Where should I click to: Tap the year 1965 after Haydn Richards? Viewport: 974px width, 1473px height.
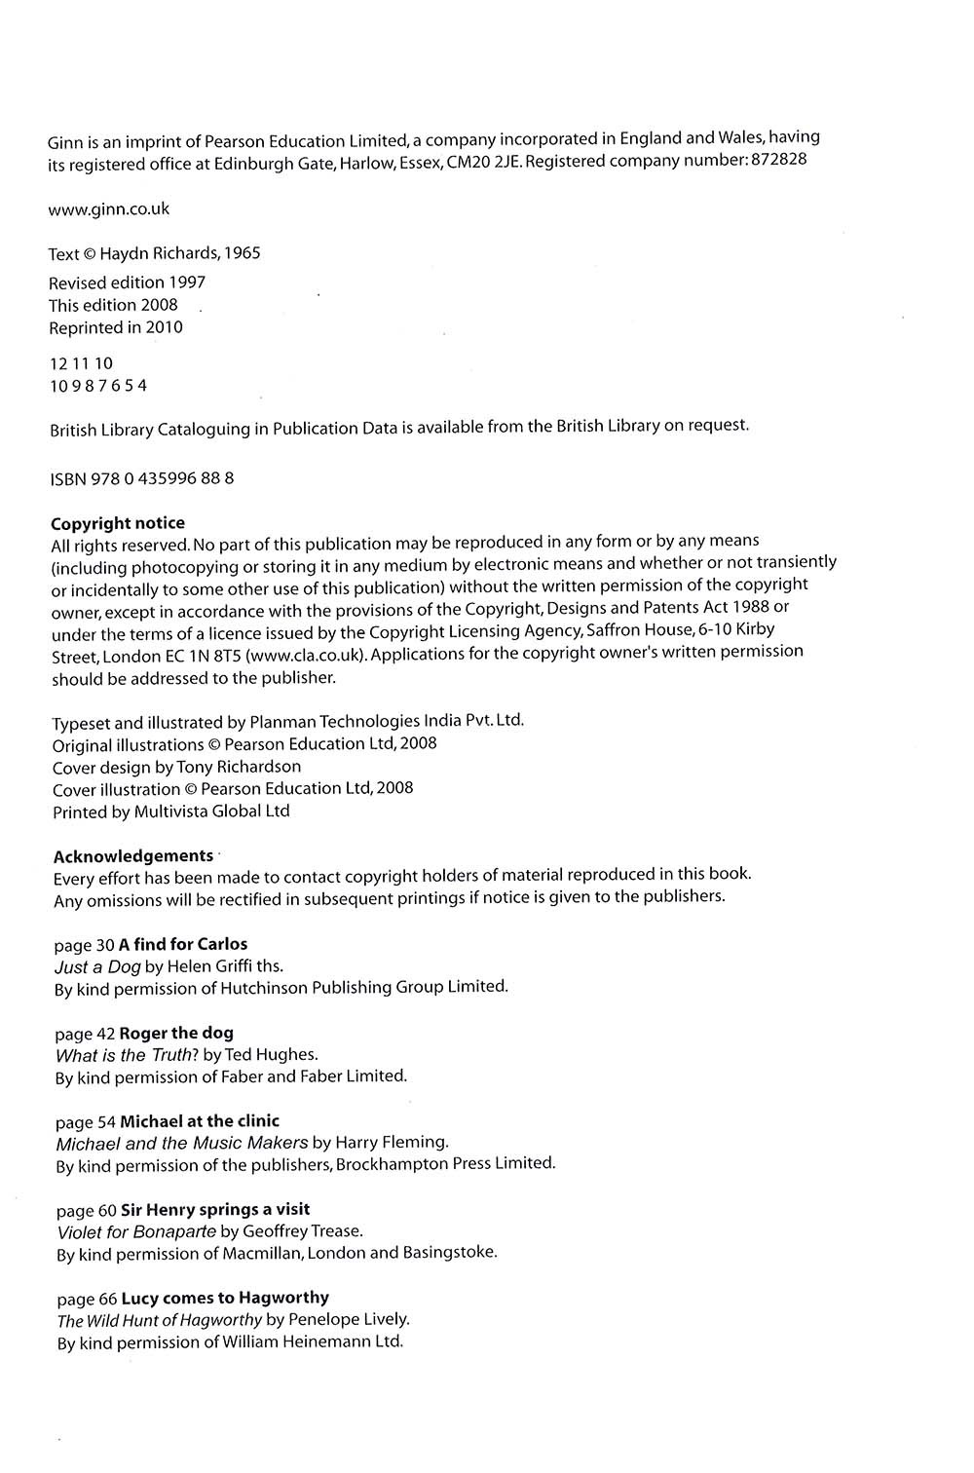pos(242,253)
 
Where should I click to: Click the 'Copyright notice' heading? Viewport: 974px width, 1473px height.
pos(118,523)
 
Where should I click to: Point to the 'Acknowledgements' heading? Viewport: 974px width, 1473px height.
pos(133,855)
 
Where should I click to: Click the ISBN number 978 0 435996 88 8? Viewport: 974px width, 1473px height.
pos(163,478)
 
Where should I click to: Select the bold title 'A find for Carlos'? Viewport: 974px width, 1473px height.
pos(183,944)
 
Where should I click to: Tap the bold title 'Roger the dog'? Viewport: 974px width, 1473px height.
pos(176,1033)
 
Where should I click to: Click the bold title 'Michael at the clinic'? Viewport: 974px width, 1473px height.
pos(200,1120)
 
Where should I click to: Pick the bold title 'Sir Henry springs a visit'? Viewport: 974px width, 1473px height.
pos(215,1209)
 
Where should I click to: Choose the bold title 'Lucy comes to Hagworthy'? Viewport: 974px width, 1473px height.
pos(225,1298)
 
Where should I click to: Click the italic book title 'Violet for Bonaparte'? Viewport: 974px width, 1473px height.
pos(136,1230)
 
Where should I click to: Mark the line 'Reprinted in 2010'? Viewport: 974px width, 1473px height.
pos(116,327)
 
